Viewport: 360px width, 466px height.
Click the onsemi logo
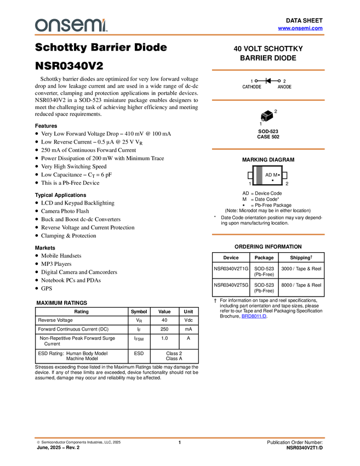click(x=71, y=25)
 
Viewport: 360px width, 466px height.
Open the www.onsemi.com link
click(x=300, y=28)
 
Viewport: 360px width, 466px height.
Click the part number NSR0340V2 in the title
click(x=69, y=66)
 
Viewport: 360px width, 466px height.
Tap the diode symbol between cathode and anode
click(x=268, y=81)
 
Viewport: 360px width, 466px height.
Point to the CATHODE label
click(x=252, y=87)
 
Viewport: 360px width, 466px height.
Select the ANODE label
click(x=284, y=87)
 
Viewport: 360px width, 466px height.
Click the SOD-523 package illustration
click(x=267, y=116)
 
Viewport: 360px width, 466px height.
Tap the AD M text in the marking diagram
click(x=271, y=175)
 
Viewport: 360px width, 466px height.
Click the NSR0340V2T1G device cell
click(x=231, y=269)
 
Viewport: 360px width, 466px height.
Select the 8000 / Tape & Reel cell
click(x=301, y=285)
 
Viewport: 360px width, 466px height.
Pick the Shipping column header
click(x=301, y=257)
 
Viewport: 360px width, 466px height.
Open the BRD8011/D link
click(x=254, y=316)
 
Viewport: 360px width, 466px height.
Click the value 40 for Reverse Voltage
click(x=164, y=320)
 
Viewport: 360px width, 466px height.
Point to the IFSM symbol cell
click(x=139, y=338)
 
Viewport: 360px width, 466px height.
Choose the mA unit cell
click(x=188, y=329)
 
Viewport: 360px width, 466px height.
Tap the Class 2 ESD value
click(x=174, y=354)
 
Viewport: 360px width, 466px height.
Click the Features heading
click(x=46, y=126)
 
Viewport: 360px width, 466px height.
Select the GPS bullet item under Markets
click(x=47, y=288)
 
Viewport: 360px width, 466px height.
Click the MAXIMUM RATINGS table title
click(x=62, y=303)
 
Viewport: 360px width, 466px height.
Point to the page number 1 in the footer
click(x=179, y=442)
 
